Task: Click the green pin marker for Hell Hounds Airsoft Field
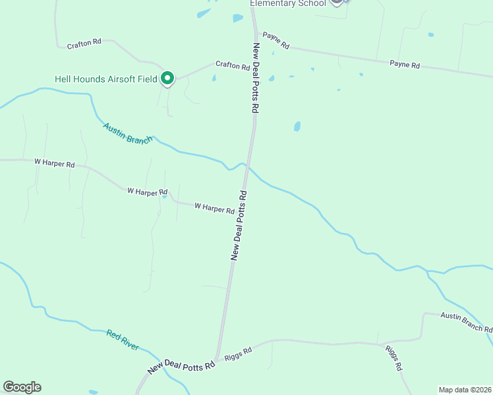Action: pos(167,78)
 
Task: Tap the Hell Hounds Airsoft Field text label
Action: pos(105,79)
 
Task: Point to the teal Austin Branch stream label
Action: pos(128,132)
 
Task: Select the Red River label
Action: pos(123,340)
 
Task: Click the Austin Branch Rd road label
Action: pos(466,322)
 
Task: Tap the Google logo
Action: pos(22,387)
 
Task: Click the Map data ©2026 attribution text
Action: pos(465,390)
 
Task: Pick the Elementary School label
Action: pos(287,3)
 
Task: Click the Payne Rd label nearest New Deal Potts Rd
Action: pos(275,40)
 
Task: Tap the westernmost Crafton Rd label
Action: pos(84,43)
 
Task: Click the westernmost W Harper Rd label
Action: pos(55,163)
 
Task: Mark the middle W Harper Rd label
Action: pos(148,192)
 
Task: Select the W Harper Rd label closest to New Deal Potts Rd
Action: pos(215,208)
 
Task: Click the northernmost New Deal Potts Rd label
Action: pos(255,78)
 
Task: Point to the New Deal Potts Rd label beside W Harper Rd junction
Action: pos(239,226)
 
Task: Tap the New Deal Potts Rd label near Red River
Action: pos(182,367)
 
